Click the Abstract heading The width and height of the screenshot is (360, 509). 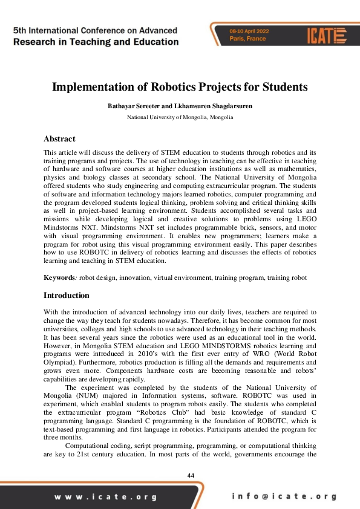59,138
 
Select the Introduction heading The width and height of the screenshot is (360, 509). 67,296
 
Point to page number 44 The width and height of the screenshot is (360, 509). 191,476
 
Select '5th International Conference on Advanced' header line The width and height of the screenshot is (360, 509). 95,30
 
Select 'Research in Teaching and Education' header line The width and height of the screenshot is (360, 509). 95,42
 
